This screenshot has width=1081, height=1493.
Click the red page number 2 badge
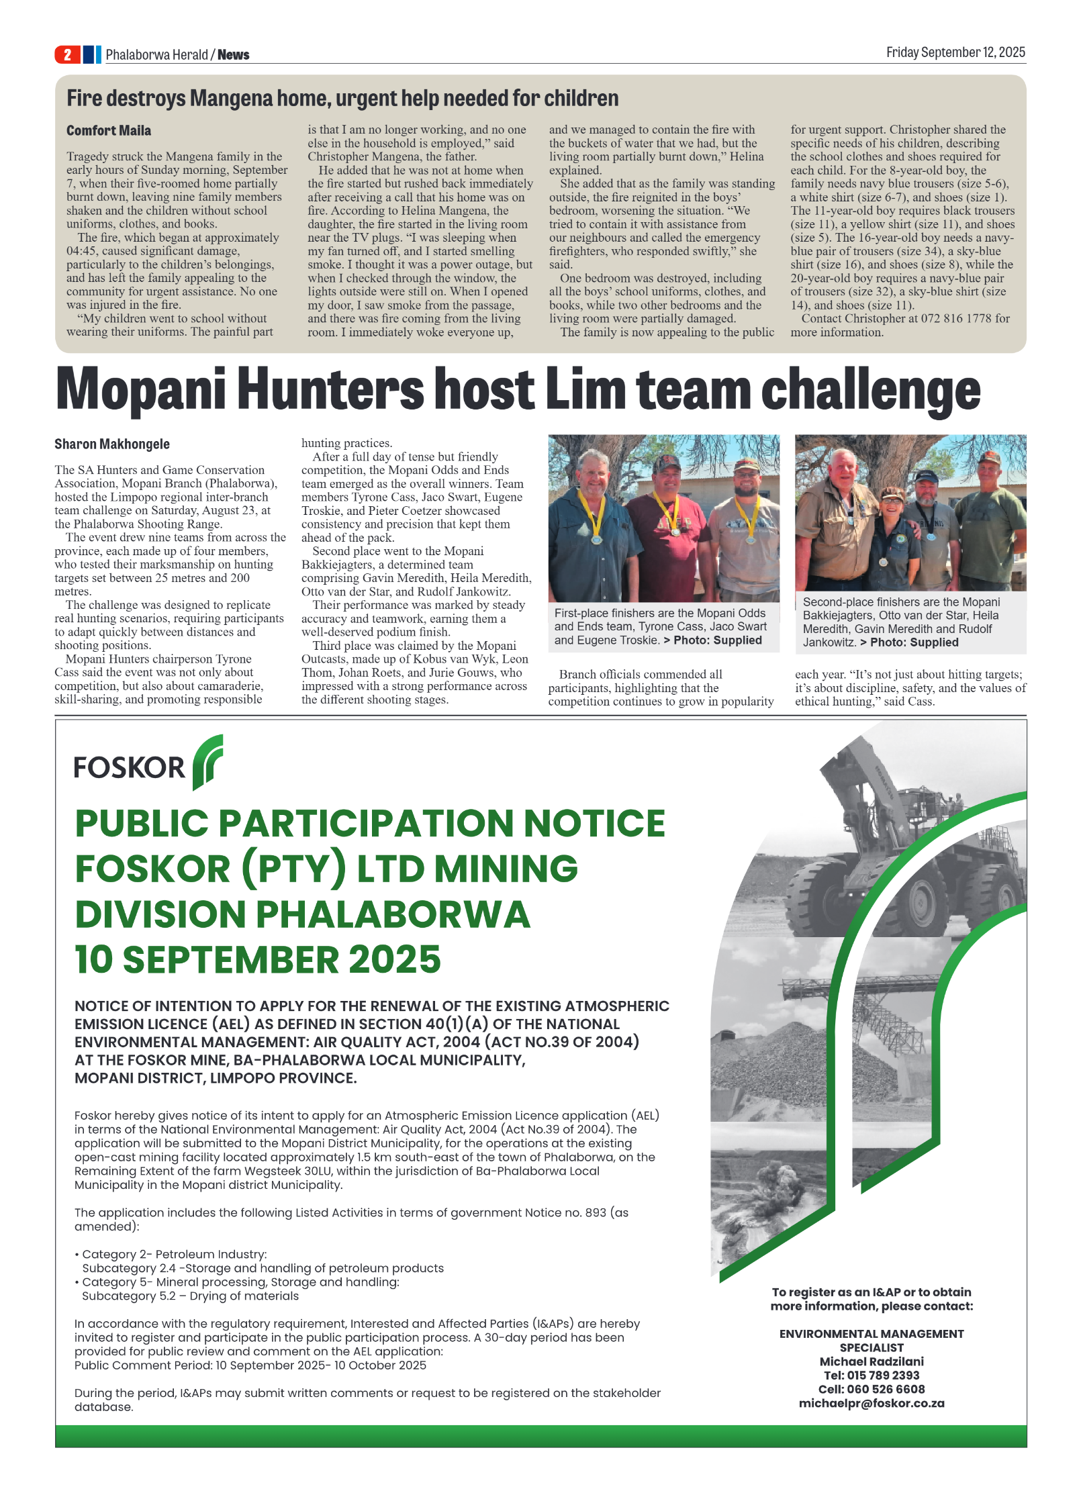tap(67, 54)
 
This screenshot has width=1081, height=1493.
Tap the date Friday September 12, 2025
tap(955, 52)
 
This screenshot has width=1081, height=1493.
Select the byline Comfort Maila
tap(108, 130)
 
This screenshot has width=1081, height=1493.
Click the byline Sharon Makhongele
tap(111, 444)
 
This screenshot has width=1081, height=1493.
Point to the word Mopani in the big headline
tap(140, 390)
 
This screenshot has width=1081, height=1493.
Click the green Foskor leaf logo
tap(207, 761)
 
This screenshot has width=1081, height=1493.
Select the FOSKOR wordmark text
tap(129, 767)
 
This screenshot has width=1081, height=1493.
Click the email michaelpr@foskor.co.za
tap(871, 1403)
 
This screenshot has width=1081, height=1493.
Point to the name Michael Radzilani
tap(871, 1361)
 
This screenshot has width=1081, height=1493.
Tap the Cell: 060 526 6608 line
tap(871, 1389)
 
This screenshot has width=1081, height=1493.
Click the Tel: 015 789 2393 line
tap(871, 1375)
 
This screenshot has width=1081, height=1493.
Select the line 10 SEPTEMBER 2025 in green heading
tap(257, 959)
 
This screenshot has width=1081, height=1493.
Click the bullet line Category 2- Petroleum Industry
tap(174, 1254)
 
